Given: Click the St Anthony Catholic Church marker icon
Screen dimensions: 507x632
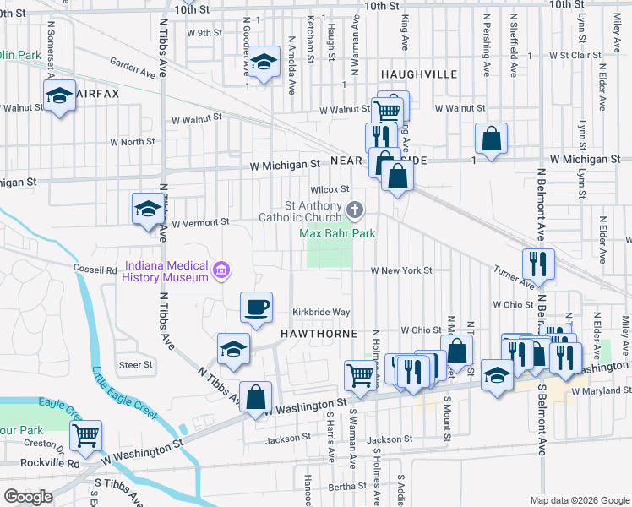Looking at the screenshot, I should pos(356,209).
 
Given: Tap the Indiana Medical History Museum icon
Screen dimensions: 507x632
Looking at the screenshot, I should pos(221,270).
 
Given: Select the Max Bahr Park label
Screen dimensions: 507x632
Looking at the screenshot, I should pos(338,232).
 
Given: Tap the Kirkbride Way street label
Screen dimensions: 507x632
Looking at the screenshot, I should pos(321,312).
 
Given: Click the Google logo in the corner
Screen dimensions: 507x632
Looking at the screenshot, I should pos(28,497).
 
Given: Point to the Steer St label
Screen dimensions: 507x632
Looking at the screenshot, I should pos(135,365).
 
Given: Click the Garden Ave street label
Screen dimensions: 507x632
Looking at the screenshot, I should pos(136,67).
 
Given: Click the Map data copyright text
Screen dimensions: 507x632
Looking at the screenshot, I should pos(577,500).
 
